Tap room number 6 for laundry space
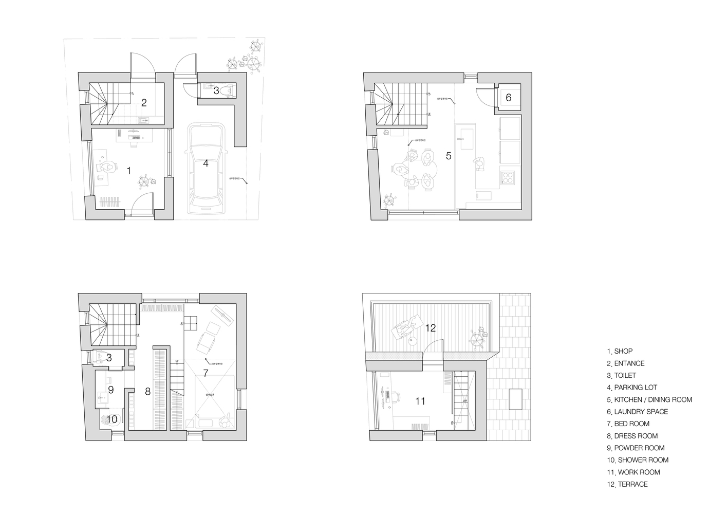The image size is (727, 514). [x=509, y=98]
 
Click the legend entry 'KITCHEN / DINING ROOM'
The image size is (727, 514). [x=653, y=399]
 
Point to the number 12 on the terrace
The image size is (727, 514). [x=431, y=327]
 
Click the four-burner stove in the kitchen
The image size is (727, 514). [x=508, y=178]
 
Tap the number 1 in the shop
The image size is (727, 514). [x=128, y=170]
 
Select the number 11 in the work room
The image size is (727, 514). [x=420, y=401]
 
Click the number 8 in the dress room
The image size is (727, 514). [x=147, y=392]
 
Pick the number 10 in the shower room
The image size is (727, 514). [x=111, y=419]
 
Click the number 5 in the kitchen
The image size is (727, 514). [x=449, y=155]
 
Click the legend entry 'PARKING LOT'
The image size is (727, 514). [x=635, y=388]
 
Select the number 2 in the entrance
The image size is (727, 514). [x=144, y=103]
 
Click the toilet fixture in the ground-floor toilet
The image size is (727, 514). [x=230, y=90]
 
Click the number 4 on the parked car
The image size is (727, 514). [x=206, y=163]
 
